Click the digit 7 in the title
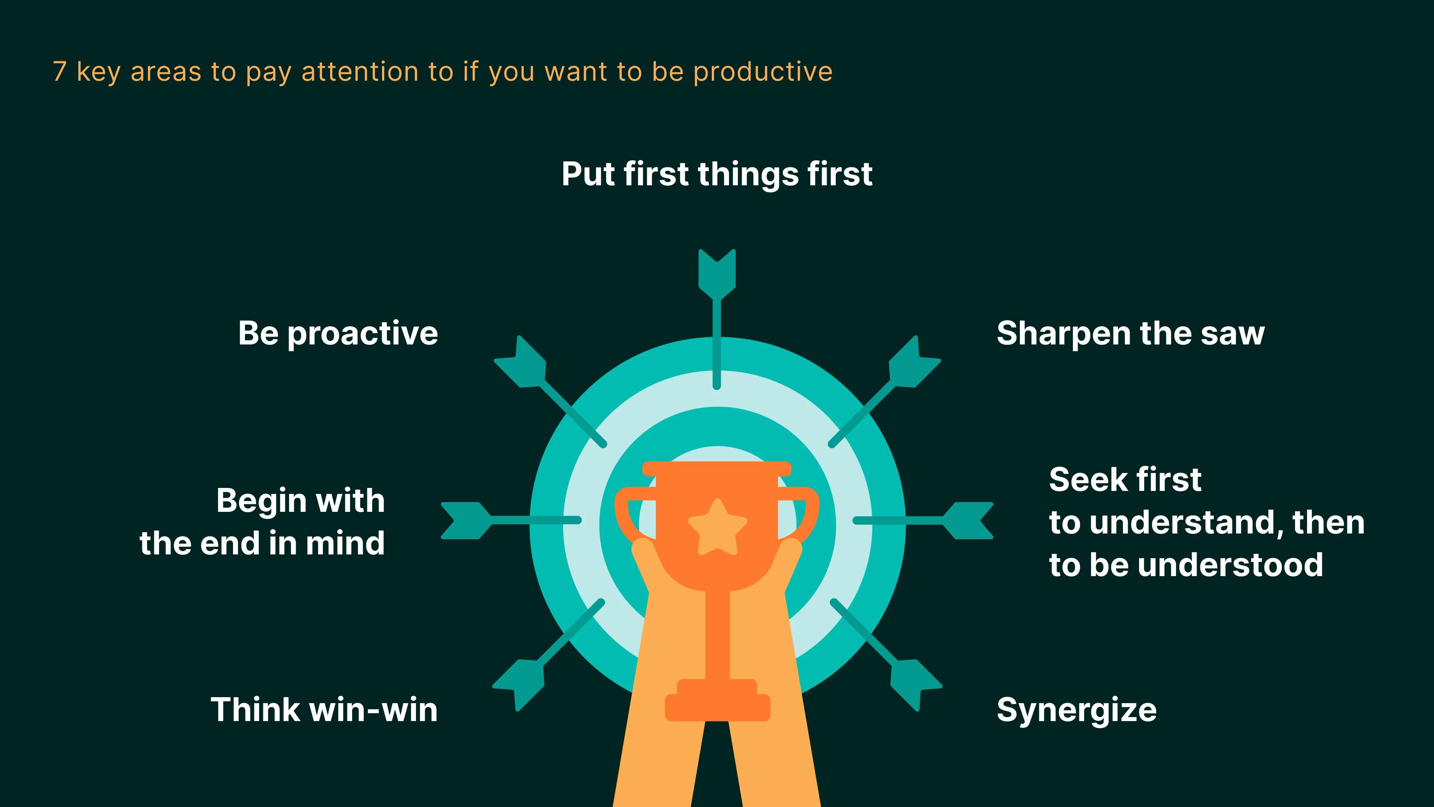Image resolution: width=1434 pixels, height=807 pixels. (60, 72)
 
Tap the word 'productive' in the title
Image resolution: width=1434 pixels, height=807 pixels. (763, 72)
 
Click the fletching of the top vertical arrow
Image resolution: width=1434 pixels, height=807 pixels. (717, 271)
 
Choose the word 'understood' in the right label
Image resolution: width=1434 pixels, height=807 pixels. (1230, 565)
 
